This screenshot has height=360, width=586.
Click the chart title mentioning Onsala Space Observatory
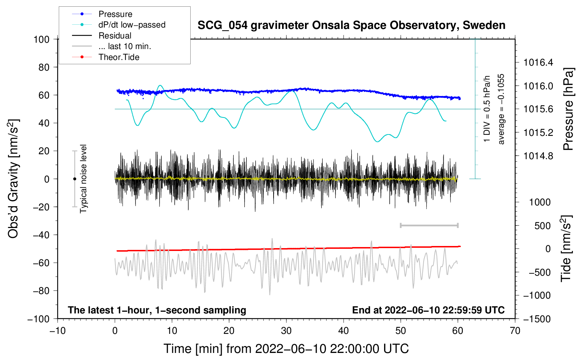point(351,25)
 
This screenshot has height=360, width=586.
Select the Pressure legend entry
point(102,14)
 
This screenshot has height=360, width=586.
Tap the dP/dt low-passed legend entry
point(119,25)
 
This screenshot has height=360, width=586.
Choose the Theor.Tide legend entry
point(106,57)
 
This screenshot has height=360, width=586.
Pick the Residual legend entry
point(102,36)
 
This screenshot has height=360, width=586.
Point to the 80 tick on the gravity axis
point(44,67)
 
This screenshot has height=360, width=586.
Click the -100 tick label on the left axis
point(39,319)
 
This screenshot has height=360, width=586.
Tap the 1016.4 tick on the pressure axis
point(538,62)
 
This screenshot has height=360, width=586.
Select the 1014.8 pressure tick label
point(538,156)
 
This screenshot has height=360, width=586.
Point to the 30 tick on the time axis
point(286,331)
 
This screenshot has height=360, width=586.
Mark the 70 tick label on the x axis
point(515,331)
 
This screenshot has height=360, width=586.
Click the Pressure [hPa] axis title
point(569,109)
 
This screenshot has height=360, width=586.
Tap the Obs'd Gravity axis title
point(13,179)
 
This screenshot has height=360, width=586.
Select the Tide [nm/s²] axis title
point(567,248)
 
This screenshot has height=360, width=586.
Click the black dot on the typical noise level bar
point(74,179)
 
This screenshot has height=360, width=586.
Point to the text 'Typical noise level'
point(83,179)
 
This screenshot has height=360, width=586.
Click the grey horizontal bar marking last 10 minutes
point(429,225)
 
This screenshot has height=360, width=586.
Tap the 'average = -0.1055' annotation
point(501,109)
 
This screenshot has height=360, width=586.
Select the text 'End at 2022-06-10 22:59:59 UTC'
point(428,310)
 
